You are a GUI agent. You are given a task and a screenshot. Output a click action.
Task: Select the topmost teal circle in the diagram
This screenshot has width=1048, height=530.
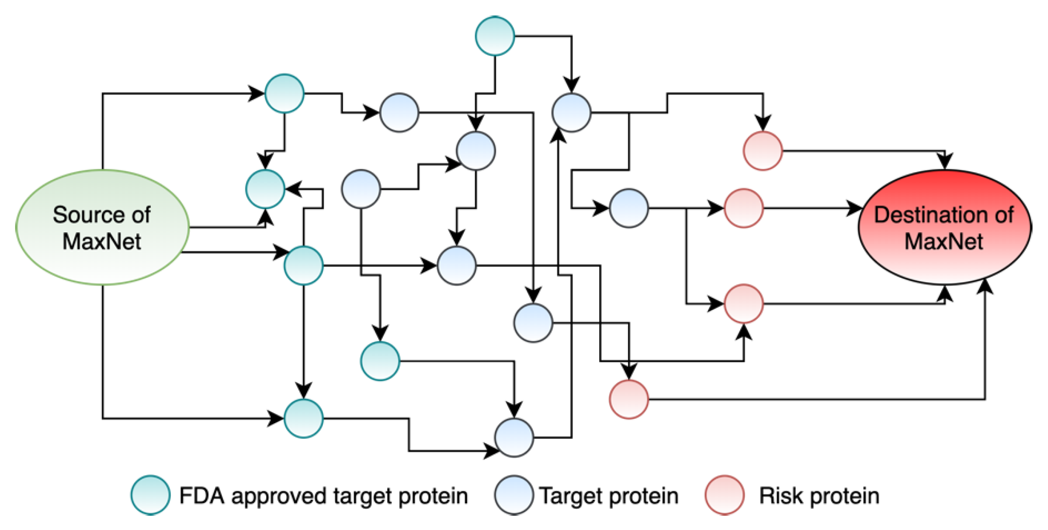(495, 36)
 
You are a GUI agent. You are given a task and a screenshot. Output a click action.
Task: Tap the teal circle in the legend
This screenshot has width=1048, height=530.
(150, 495)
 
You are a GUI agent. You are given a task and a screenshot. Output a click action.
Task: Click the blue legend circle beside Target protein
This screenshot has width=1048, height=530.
(514, 495)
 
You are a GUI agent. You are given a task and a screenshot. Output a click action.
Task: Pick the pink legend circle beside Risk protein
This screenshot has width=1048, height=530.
(724, 495)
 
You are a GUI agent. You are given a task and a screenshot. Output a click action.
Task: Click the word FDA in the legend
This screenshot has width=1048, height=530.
(202, 496)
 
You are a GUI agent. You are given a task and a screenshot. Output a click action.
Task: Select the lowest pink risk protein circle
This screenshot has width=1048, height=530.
(629, 399)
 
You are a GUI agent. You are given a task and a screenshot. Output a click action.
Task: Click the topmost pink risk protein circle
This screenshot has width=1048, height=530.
(763, 151)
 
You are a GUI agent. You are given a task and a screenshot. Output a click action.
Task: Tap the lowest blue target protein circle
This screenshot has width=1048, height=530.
(514, 437)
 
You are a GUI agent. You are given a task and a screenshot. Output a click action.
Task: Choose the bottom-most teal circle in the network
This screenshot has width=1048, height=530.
(303, 418)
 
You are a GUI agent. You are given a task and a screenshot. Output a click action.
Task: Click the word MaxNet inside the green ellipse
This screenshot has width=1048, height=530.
(102, 241)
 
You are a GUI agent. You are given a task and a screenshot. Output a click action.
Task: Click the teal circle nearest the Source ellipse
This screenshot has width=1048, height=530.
(265, 189)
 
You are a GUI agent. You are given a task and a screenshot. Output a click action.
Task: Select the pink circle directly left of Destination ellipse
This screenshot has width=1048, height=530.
(744, 208)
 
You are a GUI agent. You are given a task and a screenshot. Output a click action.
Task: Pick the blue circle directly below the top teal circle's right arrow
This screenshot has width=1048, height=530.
(571, 112)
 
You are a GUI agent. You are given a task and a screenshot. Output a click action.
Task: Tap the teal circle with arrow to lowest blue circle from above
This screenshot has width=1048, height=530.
(380, 361)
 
